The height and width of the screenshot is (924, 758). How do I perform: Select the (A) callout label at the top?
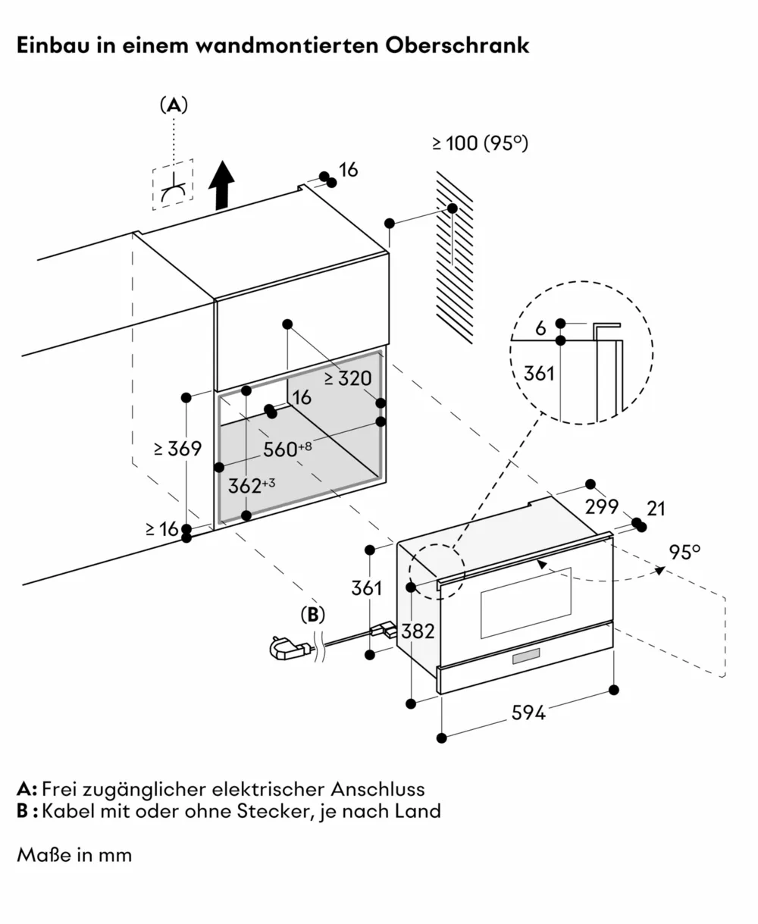pyautogui.click(x=174, y=106)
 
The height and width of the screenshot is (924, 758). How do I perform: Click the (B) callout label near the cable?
pyautogui.click(x=312, y=615)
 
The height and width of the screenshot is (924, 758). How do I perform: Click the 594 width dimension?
pyautogui.click(x=528, y=713)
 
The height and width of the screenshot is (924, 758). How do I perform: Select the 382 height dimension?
pyautogui.click(x=418, y=630)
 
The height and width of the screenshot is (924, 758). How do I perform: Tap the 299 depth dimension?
pyautogui.click(x=602, y=506)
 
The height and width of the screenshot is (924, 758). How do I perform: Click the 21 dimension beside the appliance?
pyautogui.click(x=656, y=508)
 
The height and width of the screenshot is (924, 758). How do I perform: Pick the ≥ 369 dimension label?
pyautogui.click(x=177, y=449)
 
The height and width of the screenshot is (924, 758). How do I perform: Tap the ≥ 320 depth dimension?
pyautogui.click(x=348, y=378)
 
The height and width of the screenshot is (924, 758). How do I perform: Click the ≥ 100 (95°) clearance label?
pyautogui.click(x=480, y=143)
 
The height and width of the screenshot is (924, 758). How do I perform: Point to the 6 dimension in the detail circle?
pyautogui.click(x=540, y=327)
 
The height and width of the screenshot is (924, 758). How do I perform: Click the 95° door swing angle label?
pyautogui.click(x=684, y=552)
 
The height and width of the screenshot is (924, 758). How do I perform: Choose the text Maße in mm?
pyautogui.click(x=74, y=855)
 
